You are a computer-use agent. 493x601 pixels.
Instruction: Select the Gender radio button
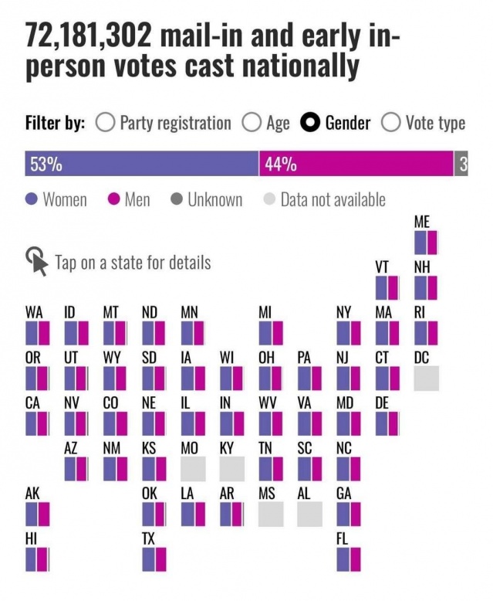(x=311, y=123)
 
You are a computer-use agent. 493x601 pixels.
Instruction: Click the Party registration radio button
(x=106, y=123)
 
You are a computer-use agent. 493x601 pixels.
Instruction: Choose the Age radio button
(x=252, y=123)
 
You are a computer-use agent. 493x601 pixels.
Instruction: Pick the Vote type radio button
(x=392, y=123)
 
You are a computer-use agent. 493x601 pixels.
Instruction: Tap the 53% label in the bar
(x=46, y=164)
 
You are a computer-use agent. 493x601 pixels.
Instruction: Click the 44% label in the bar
(x=281, y=164)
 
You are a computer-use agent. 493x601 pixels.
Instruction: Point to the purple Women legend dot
(x=32, y=200)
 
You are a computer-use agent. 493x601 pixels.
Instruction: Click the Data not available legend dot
(x=269, y=200)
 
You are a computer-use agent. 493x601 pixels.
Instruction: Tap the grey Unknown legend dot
(x=176, y=200)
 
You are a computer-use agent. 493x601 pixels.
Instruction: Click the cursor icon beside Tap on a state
(x=36, y=261)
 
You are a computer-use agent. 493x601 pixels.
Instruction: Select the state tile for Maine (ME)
(x=426, y=243)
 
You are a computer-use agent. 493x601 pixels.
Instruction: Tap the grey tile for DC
(x=426, y=379)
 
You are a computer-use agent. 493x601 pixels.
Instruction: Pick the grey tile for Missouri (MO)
(x=193, y=469)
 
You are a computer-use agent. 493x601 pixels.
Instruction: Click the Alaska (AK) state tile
(x=37, y=514)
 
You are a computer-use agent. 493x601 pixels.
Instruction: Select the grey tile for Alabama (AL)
(x=309, y=514)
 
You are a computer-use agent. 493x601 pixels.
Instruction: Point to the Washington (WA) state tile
(x=37, y=333)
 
